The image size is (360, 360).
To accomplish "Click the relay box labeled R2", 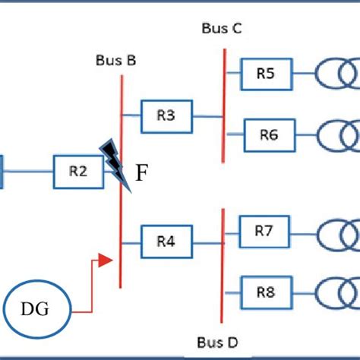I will (77, 172).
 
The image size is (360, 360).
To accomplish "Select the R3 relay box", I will (166, 116).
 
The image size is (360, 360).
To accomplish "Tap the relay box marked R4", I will (166, 242).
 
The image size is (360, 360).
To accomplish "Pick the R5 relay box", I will (265, 74).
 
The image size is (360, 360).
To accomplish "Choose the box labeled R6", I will (268, 135).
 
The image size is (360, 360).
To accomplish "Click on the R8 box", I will (265, 292).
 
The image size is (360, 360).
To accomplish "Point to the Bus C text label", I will (222, 28).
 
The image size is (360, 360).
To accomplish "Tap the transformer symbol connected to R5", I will (339, 74).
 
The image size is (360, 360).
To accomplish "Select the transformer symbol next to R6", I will (339, 136).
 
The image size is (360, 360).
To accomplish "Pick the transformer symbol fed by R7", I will (339, 232).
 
